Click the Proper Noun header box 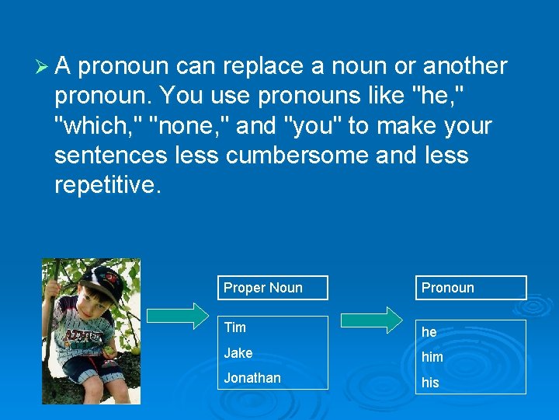tap(272, 288)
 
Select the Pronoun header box tap(470, 288)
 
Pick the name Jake tap(238, 353)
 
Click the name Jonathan tap(252, 378)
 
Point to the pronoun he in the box tap(429, 332)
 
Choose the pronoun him tap(432, 357)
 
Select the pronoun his tap(430, 383)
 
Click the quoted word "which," tap(97, 125)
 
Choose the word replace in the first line tap(262, 67)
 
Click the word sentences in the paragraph tap(110, 155)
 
